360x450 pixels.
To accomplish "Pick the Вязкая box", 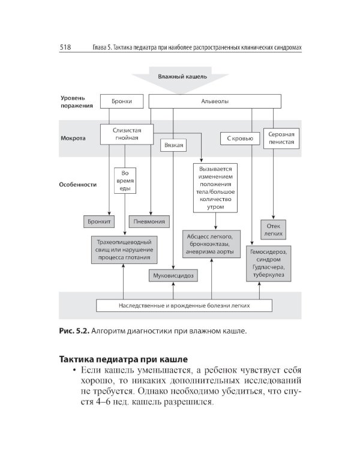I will click(173, 145).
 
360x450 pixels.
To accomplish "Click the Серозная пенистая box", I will click(281, 139).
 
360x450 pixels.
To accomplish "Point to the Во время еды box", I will click(125, 181).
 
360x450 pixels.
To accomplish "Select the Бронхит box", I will click(100, 221).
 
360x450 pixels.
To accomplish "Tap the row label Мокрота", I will click(73, 137).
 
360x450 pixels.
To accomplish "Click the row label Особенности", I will click(79, 185).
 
